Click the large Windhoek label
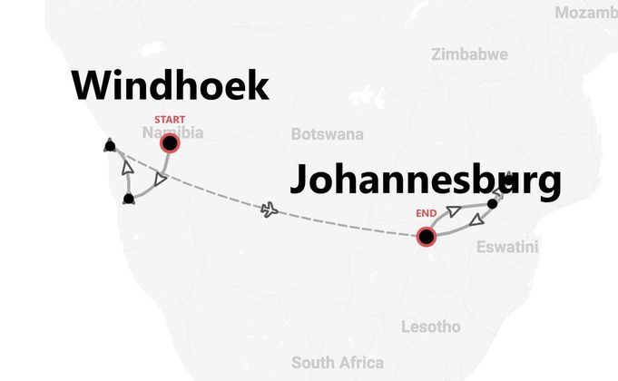(171, 86)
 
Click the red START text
(169, 120)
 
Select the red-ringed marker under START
(169, 142)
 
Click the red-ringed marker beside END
(426, 237)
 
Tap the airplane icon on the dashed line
(269, 210)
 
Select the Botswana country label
(327, 134)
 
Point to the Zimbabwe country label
(469, 54)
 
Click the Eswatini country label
(506, 246)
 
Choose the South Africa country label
(337, 363)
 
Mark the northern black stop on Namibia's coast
(110, 144)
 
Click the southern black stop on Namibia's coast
(128, 198)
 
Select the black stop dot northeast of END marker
(493, 203)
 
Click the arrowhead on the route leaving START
(161, 181)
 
